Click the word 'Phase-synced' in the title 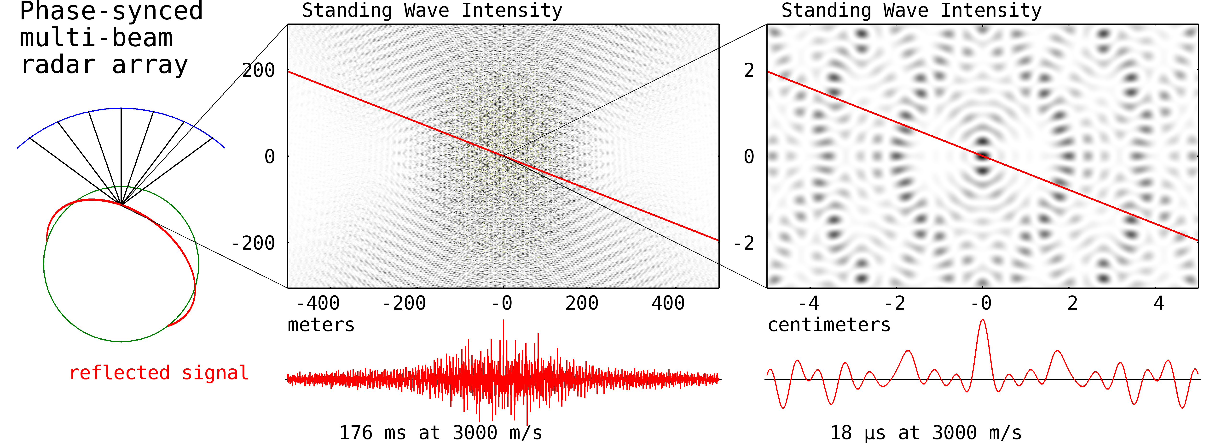point(111,12)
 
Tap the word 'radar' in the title point(58,65)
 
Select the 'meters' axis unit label point(321,325)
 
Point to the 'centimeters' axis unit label point(829,325)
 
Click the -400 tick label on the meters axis point(318,303)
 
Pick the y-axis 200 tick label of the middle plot point(259,71)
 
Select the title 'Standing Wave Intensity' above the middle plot point(432,11)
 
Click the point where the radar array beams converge point(122,204)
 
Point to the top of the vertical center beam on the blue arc point(121,109)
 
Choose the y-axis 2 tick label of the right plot point(749,71)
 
